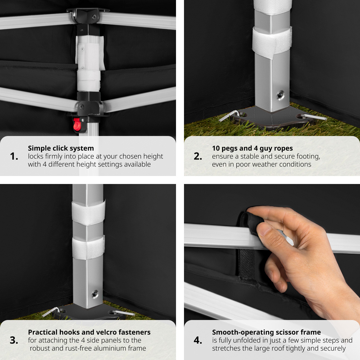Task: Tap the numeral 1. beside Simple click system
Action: click(x=14, y=156)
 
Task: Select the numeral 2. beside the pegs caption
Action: click(x=198, y=156)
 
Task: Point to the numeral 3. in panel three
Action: click(x=14, y=340)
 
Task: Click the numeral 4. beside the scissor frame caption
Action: click(x=198, y=340)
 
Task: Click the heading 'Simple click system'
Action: click(x=61, y=148)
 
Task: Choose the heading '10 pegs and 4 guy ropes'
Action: click(x=252, y=148)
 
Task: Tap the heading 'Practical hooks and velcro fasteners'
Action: click(x=89, y=332)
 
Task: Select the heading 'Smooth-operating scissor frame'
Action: click(x=266, y=332)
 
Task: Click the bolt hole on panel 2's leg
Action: click(x=280, y=95)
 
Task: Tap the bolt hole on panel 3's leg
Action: click(x=95, y=294)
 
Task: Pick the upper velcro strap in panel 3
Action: click(x=89, y=213)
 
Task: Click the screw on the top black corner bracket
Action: click(x=94, y=17)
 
